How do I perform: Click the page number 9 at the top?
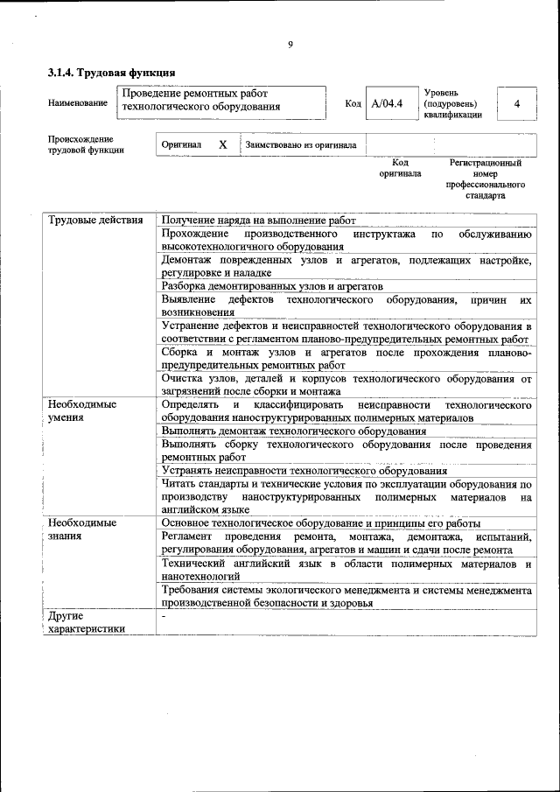coord(290,46)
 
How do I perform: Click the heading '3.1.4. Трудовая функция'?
coord(112,73)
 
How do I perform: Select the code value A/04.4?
coord(387,104)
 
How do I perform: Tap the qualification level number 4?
coord(516,104)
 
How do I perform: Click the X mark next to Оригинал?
coord(222,144)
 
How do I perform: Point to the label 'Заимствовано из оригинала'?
coord(301,145)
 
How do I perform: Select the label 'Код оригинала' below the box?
coord(399,168)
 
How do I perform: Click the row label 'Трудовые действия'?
coord(95,221)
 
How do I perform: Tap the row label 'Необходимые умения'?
coord(82,411)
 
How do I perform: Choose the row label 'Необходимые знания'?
coord(82,529)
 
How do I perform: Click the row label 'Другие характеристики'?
coord(87,622)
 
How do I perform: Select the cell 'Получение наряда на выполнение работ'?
coord(258,221)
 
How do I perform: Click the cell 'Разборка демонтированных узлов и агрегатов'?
coord(272,286)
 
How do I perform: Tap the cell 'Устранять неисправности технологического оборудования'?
coord(304,470)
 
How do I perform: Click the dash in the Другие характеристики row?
coord(164,616)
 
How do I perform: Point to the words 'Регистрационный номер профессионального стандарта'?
coord(485,179)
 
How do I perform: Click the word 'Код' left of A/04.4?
coord(353,104)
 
